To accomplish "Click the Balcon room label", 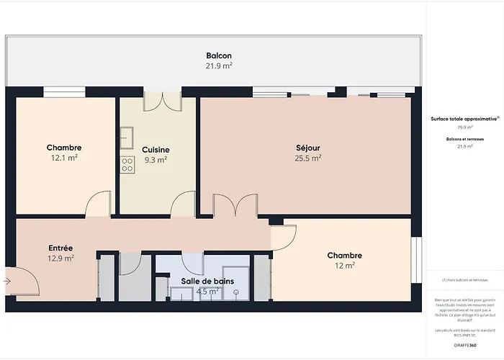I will [x=219, y=55].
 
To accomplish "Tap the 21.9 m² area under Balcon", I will [x=219, y=66].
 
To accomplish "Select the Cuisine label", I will [x=156, y=150].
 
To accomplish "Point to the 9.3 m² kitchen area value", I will [x=156, y=160].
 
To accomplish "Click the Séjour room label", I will [x=307, y=148].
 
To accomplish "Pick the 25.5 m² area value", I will [x=307, y=158].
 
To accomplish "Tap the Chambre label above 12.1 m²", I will [x=64, y=148].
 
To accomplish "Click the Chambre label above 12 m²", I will [x=344, y=256].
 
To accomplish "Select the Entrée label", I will [x=60, y=248].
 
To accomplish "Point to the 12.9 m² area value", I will [x=60, y=258].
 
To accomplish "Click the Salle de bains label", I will [x=200, y=281].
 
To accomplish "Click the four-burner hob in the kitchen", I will [x=127, y=164].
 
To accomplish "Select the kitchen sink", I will [x=126, y=136].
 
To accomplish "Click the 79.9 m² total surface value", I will [x=465, y=127].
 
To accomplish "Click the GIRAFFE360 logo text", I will [x=465, y=336].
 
